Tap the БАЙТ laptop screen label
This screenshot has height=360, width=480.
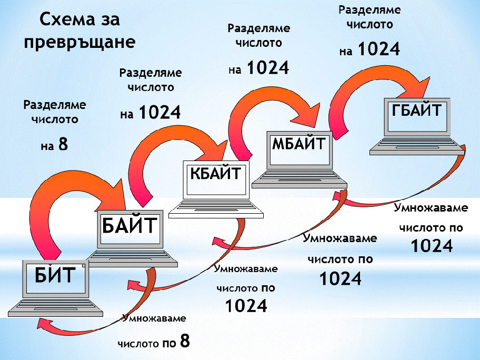click(129, 225)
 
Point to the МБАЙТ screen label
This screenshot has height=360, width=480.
click(299, 143)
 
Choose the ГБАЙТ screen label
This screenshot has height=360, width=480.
click(416, 112)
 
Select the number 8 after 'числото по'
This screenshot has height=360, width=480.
click(184, 341)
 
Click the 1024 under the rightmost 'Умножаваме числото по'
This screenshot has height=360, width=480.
click(432, 245)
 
